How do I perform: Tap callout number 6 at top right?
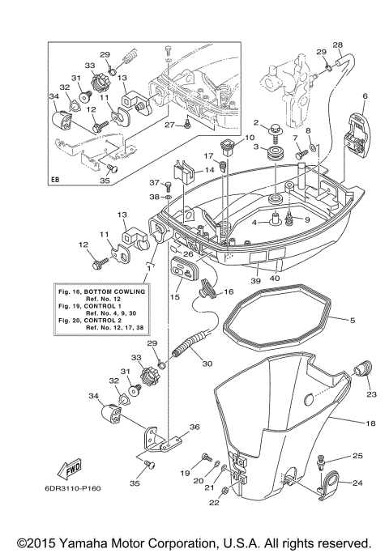point(365,96)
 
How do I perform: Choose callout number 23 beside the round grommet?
point(372,394)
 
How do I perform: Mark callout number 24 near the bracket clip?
point(358,483)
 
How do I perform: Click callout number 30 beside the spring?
point(207,364)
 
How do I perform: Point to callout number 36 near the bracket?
point(194,428)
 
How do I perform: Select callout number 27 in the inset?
point(173,125)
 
